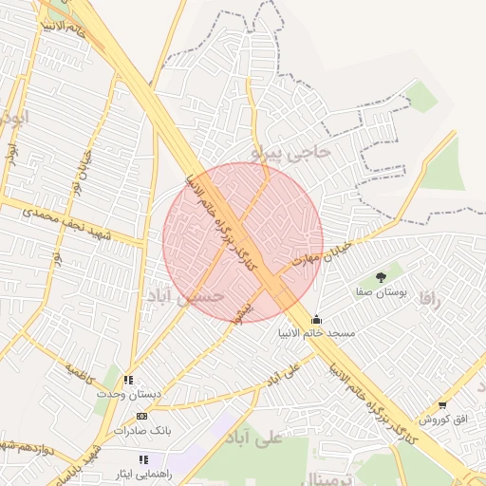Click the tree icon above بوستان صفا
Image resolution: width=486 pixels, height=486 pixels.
[x=381, y=277]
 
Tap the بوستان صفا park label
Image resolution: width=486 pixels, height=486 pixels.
[x=381, y=293]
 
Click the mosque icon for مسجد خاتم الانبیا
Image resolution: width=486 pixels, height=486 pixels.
[x=316, y=320]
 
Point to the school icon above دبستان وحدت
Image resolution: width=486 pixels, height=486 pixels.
[x=129, y=380]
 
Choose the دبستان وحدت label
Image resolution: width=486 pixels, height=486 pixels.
[x=133, y=394]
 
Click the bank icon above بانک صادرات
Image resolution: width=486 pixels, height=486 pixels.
[x=142, y=416]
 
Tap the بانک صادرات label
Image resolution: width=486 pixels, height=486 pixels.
[x=142, y=430]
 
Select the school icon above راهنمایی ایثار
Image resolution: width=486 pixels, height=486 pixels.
[x=143, y=459]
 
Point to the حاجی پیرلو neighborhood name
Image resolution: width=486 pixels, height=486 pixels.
[x=295, y=149]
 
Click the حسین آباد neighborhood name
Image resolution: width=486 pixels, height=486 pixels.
[x=184, y=296]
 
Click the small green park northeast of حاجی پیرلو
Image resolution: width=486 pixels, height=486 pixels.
[x=421, y=96]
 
